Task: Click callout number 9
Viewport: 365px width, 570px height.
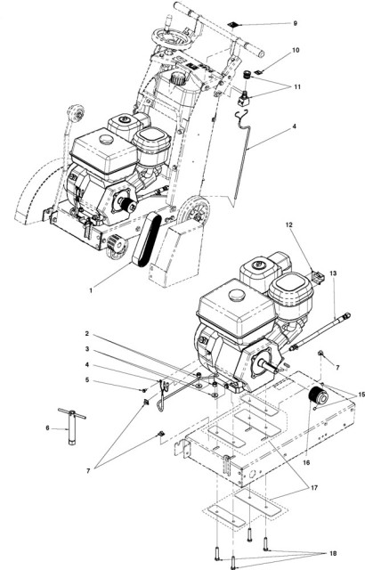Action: pos(271,22)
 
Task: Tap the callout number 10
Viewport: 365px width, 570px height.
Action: pos(271,51)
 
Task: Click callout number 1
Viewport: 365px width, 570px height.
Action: pos(90,290)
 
